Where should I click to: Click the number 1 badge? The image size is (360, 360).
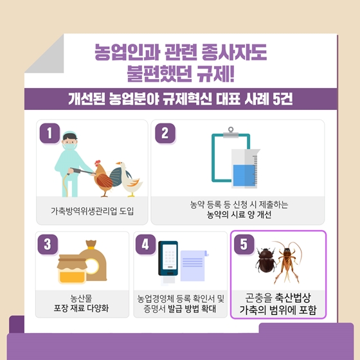tap(50, 133)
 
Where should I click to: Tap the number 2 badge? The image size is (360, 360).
tap(165, 133)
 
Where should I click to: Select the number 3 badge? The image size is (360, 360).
tap(48, 244)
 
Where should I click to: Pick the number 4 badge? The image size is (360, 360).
tap(145, 244)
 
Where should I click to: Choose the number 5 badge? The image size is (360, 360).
tap(244, 244)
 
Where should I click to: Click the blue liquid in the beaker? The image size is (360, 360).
tap(244, 175)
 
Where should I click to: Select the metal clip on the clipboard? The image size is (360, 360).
tap(231, 133)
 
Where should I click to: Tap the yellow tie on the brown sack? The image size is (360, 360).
tap(91, 248)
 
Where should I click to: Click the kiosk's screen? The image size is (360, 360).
tap(170, 256)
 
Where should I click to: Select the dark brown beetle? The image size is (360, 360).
tap(266, 260)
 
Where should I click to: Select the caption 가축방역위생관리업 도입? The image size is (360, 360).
tap(92, 211)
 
